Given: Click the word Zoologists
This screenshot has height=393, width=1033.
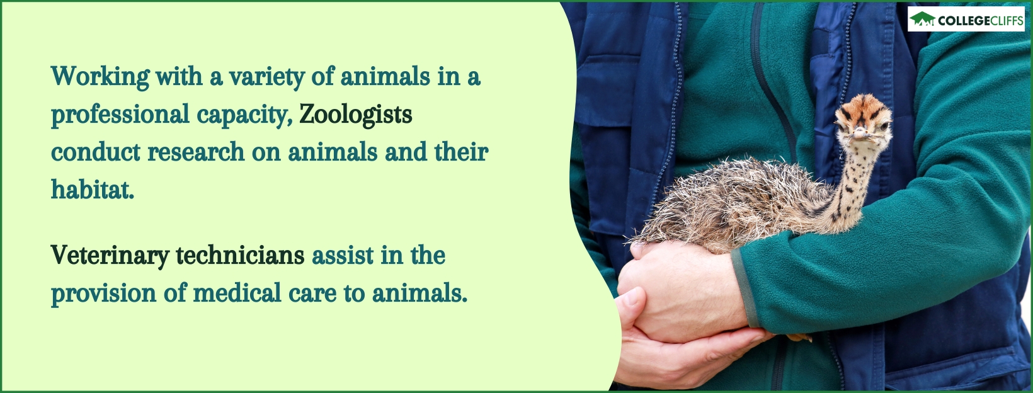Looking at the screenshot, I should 355,115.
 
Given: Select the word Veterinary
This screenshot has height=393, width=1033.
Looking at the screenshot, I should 110,256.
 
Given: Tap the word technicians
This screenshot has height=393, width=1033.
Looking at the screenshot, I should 240,256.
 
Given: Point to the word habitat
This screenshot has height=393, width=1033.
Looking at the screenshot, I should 92,190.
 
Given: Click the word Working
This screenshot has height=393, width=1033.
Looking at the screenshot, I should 100,77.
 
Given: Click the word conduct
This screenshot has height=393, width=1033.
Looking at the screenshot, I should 94,152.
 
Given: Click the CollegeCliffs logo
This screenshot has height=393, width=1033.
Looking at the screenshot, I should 966,20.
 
